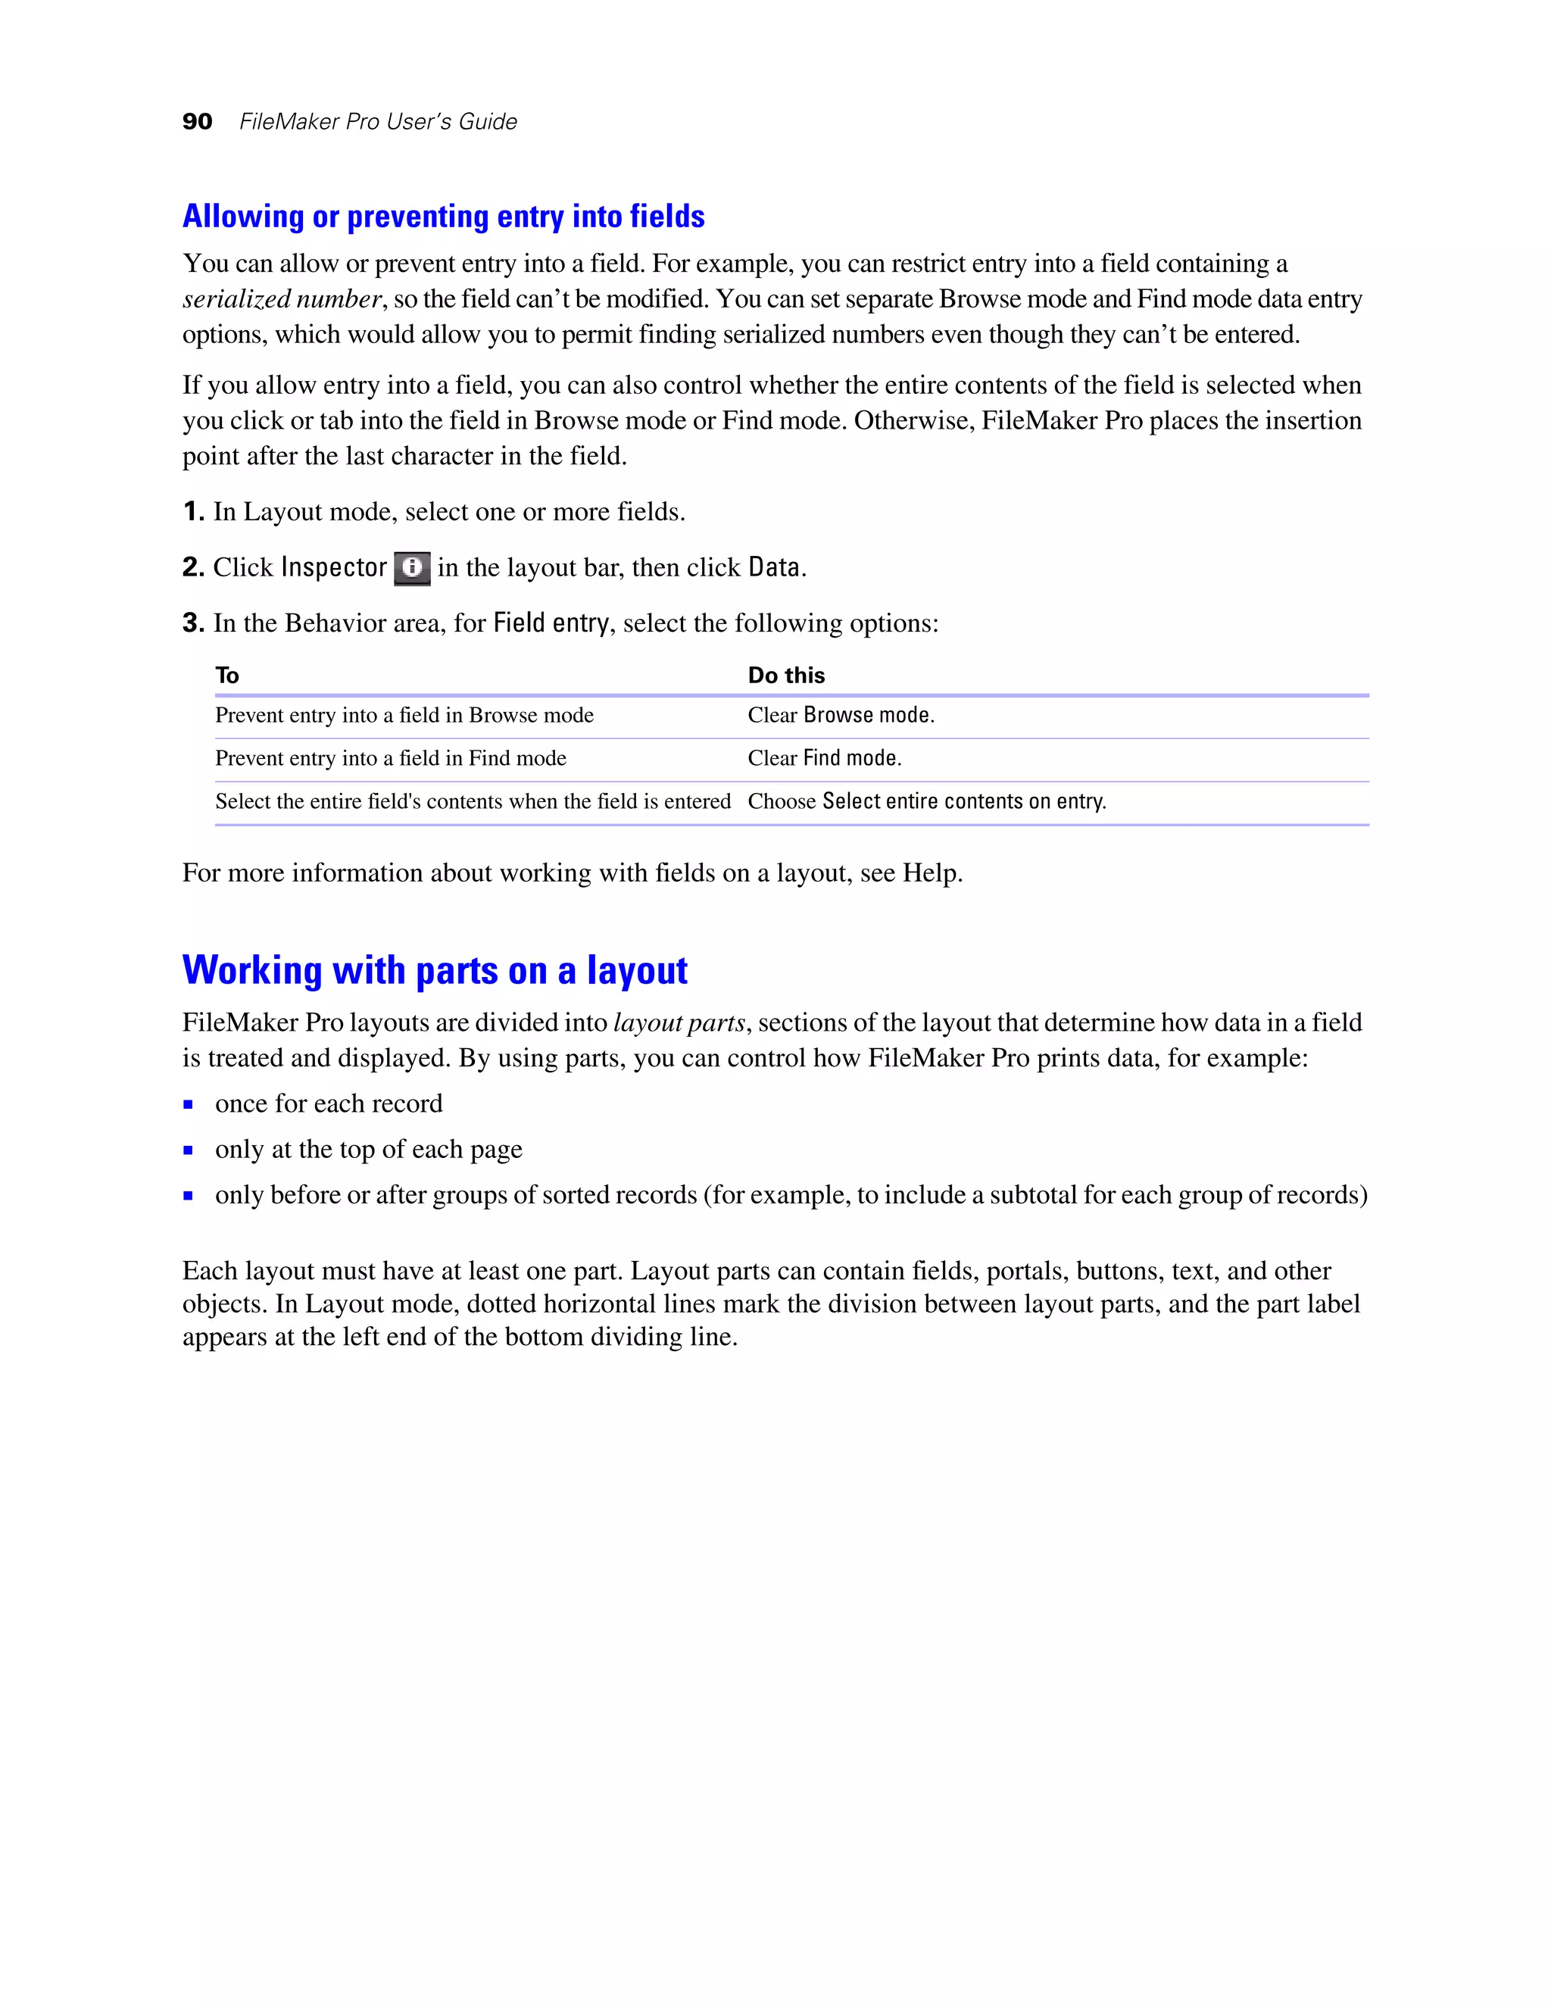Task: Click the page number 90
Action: [197, 122]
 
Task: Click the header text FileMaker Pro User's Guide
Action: [378, 122]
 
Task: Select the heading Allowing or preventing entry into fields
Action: [443, 217]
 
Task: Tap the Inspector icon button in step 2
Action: [412, 568]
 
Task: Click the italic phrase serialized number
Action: [281, 300]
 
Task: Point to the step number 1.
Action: [192, 512]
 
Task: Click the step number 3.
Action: [192, 623]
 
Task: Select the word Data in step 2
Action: [774, 568]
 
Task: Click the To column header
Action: [227, 676]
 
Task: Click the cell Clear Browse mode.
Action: [841, 715]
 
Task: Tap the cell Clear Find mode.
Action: [824, 758]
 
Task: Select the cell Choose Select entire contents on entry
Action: [926, 801]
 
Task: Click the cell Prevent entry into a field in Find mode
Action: [391, 758]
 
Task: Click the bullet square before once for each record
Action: [189, 1104]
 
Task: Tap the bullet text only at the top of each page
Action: [369, 1150]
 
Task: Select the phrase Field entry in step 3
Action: [551, 623]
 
